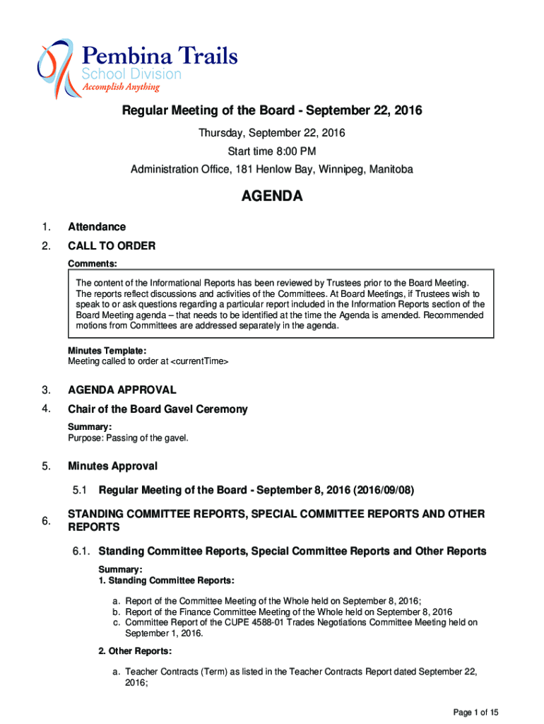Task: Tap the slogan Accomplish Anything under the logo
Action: tap(121, 88)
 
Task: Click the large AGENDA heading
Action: tap(272, 197)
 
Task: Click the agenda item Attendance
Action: tap(97, 227)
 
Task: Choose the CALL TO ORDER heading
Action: tap(112, 246)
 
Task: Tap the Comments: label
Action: tap(92, 264)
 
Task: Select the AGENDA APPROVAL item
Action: tap(122, 390)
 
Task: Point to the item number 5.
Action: tap(46, 466)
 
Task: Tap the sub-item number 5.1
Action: tap(80, 489)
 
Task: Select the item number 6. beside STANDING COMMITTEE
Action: tap(46, 521)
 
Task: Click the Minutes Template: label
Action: tap(107, 351)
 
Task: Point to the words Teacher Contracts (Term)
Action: tap(177, 672)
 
